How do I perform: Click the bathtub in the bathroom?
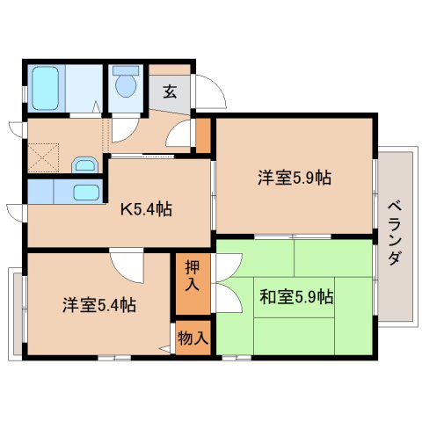[46, 88]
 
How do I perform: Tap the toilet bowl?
[126, 85]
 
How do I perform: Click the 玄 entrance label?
[170, 91]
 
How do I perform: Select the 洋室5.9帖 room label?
[295, 178]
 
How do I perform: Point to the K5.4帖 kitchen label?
[146, 209]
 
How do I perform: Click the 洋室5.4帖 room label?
[99, 305]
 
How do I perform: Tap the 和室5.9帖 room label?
[296, 296]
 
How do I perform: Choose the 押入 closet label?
[193, 275]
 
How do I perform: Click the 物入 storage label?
[193, 338]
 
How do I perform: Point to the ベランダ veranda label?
[395, 233]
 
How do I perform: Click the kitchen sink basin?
[86, 193]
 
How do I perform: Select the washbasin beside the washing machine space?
[84, 165]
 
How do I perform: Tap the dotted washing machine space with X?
[44, 157]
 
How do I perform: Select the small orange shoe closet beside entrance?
[203, 135]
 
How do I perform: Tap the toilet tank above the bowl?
[126, 70]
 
